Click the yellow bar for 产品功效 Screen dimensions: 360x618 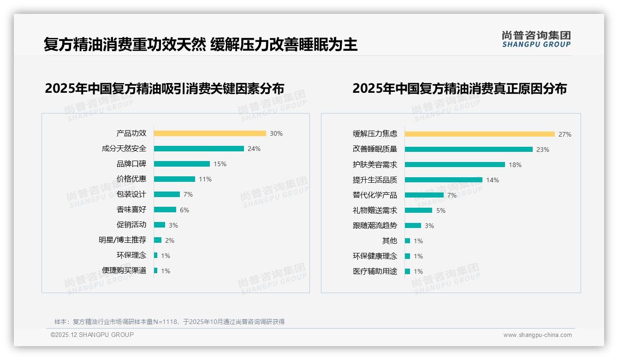click(210, 133)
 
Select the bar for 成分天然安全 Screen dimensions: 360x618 click(199, 149)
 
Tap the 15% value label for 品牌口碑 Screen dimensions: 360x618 click(220, 164)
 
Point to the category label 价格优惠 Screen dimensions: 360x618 click(131, 179)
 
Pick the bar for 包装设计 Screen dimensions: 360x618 click(167, 194)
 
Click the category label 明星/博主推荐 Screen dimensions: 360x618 click(122, 240)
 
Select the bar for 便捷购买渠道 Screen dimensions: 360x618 click(156, 270)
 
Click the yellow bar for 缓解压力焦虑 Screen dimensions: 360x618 click(480, 134)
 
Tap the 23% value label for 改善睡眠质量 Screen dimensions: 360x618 click(543, 150)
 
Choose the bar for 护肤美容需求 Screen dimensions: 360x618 click(455, 165)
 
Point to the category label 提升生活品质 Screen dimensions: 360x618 click(375, 180)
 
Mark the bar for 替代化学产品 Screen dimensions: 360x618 click(424, 195)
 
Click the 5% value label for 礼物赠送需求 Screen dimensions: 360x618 click(441, 210)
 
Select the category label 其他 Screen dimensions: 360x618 click(390, 241)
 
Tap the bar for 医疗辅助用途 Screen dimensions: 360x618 click(408, 271)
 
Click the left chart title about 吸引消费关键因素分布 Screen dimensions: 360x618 click(165, 89)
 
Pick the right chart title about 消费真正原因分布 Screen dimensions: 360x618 click(459, 89)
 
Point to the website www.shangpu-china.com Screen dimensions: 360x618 click(537, 335)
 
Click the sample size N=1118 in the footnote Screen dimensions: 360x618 click(165, 322)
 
